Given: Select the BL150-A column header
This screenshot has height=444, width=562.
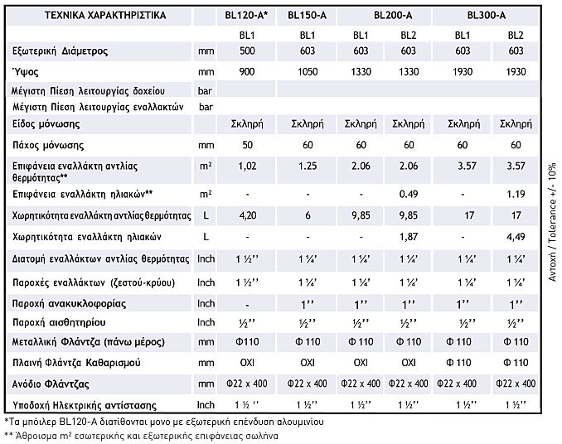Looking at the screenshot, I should (308, 14).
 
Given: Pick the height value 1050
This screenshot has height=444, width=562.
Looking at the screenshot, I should (308, 72).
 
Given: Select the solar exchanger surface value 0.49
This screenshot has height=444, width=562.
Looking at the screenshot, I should (408, 194).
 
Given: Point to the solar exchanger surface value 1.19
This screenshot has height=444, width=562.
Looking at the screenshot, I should (516, 194).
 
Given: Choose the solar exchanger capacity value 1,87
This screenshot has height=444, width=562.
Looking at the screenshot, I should (408, 237).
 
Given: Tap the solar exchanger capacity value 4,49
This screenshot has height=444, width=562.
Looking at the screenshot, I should (516, 237).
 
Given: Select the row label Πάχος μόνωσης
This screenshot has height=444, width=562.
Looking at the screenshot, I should (50, 144).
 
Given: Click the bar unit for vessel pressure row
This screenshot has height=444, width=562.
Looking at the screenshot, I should (206, 89).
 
